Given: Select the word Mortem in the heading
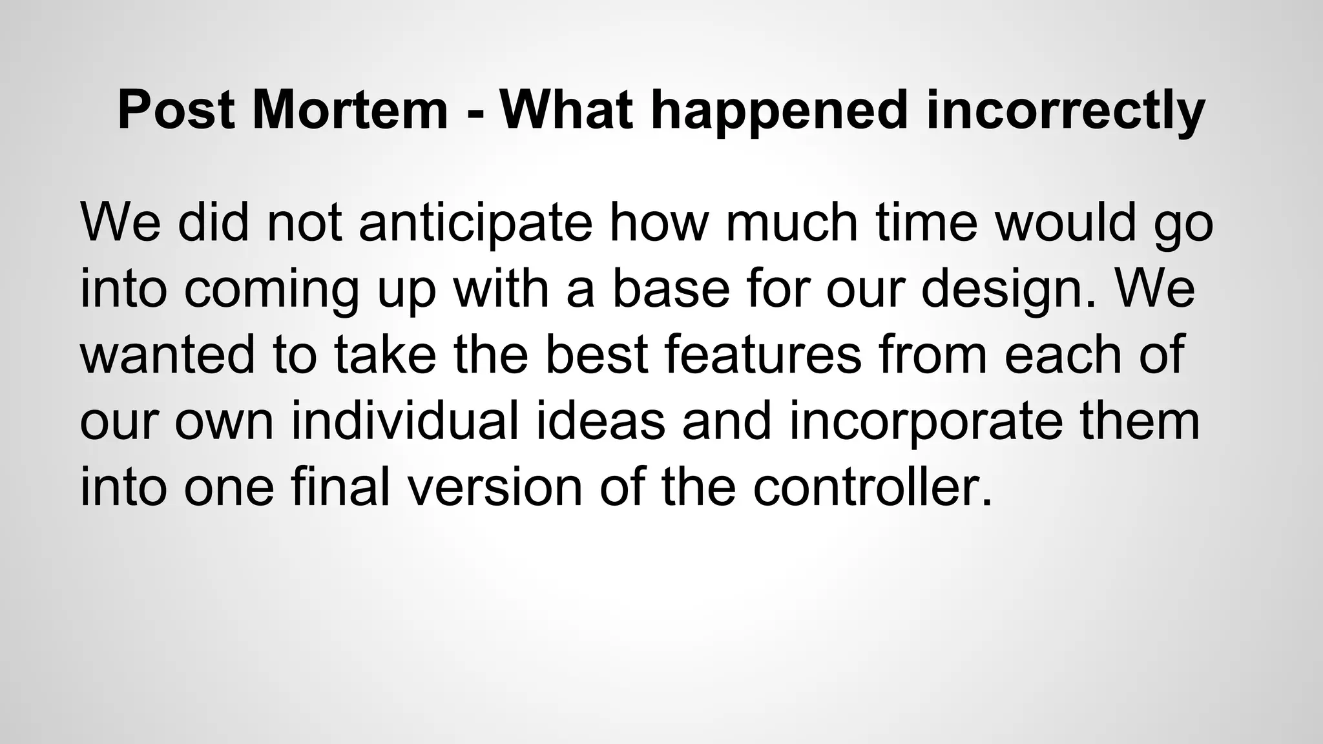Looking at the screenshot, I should click(x=350, y=110).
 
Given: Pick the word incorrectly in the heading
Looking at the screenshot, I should click(x=1065, y=110).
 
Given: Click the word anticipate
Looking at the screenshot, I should click(x=475, y=223).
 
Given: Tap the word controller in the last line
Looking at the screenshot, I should click(x=872, y=488).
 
